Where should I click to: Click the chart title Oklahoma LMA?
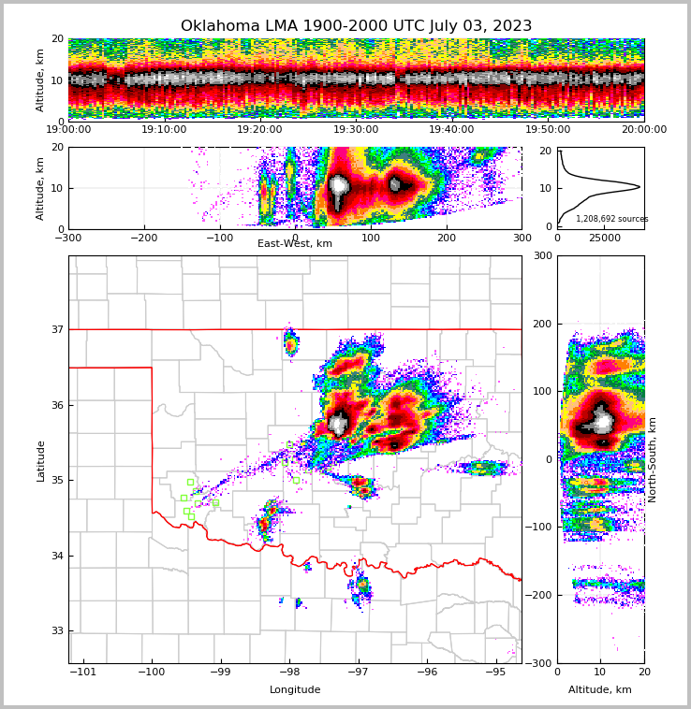(x=356, y=26)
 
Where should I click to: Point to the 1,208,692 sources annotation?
(x=611, y=219)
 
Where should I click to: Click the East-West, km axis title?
(x=295, y=244)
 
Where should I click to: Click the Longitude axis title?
(x=295, y=690)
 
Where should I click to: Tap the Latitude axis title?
(x=41, y=460)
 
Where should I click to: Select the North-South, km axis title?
(x=653, y=459)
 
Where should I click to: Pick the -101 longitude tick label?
(x=82, y=672)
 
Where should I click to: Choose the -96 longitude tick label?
(x=426, y=672)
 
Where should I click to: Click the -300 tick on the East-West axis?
(x=68, y=238)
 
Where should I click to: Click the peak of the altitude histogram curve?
(x=640, y=187)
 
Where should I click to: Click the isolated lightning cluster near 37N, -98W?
(x=291, y=343)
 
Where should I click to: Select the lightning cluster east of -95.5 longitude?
(x=486, y=467)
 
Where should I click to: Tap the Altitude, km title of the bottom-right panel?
(x=600, y=690)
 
